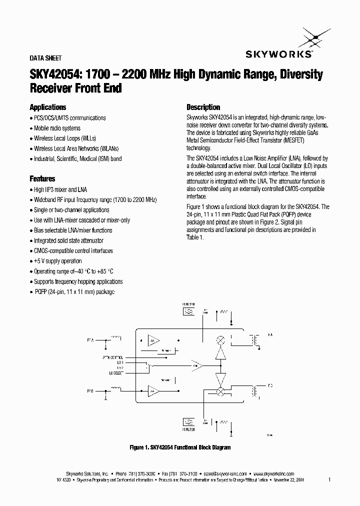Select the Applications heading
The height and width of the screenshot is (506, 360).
(48, 107)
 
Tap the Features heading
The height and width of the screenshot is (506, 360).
(42, 178)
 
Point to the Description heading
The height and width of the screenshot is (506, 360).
(203, 107)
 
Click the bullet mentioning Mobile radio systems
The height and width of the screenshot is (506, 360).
(57, 128)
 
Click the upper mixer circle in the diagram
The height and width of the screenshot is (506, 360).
(219, 340)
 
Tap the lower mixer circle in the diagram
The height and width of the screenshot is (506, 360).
(219, 392)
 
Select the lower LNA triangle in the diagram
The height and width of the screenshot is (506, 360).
(153, 390)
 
